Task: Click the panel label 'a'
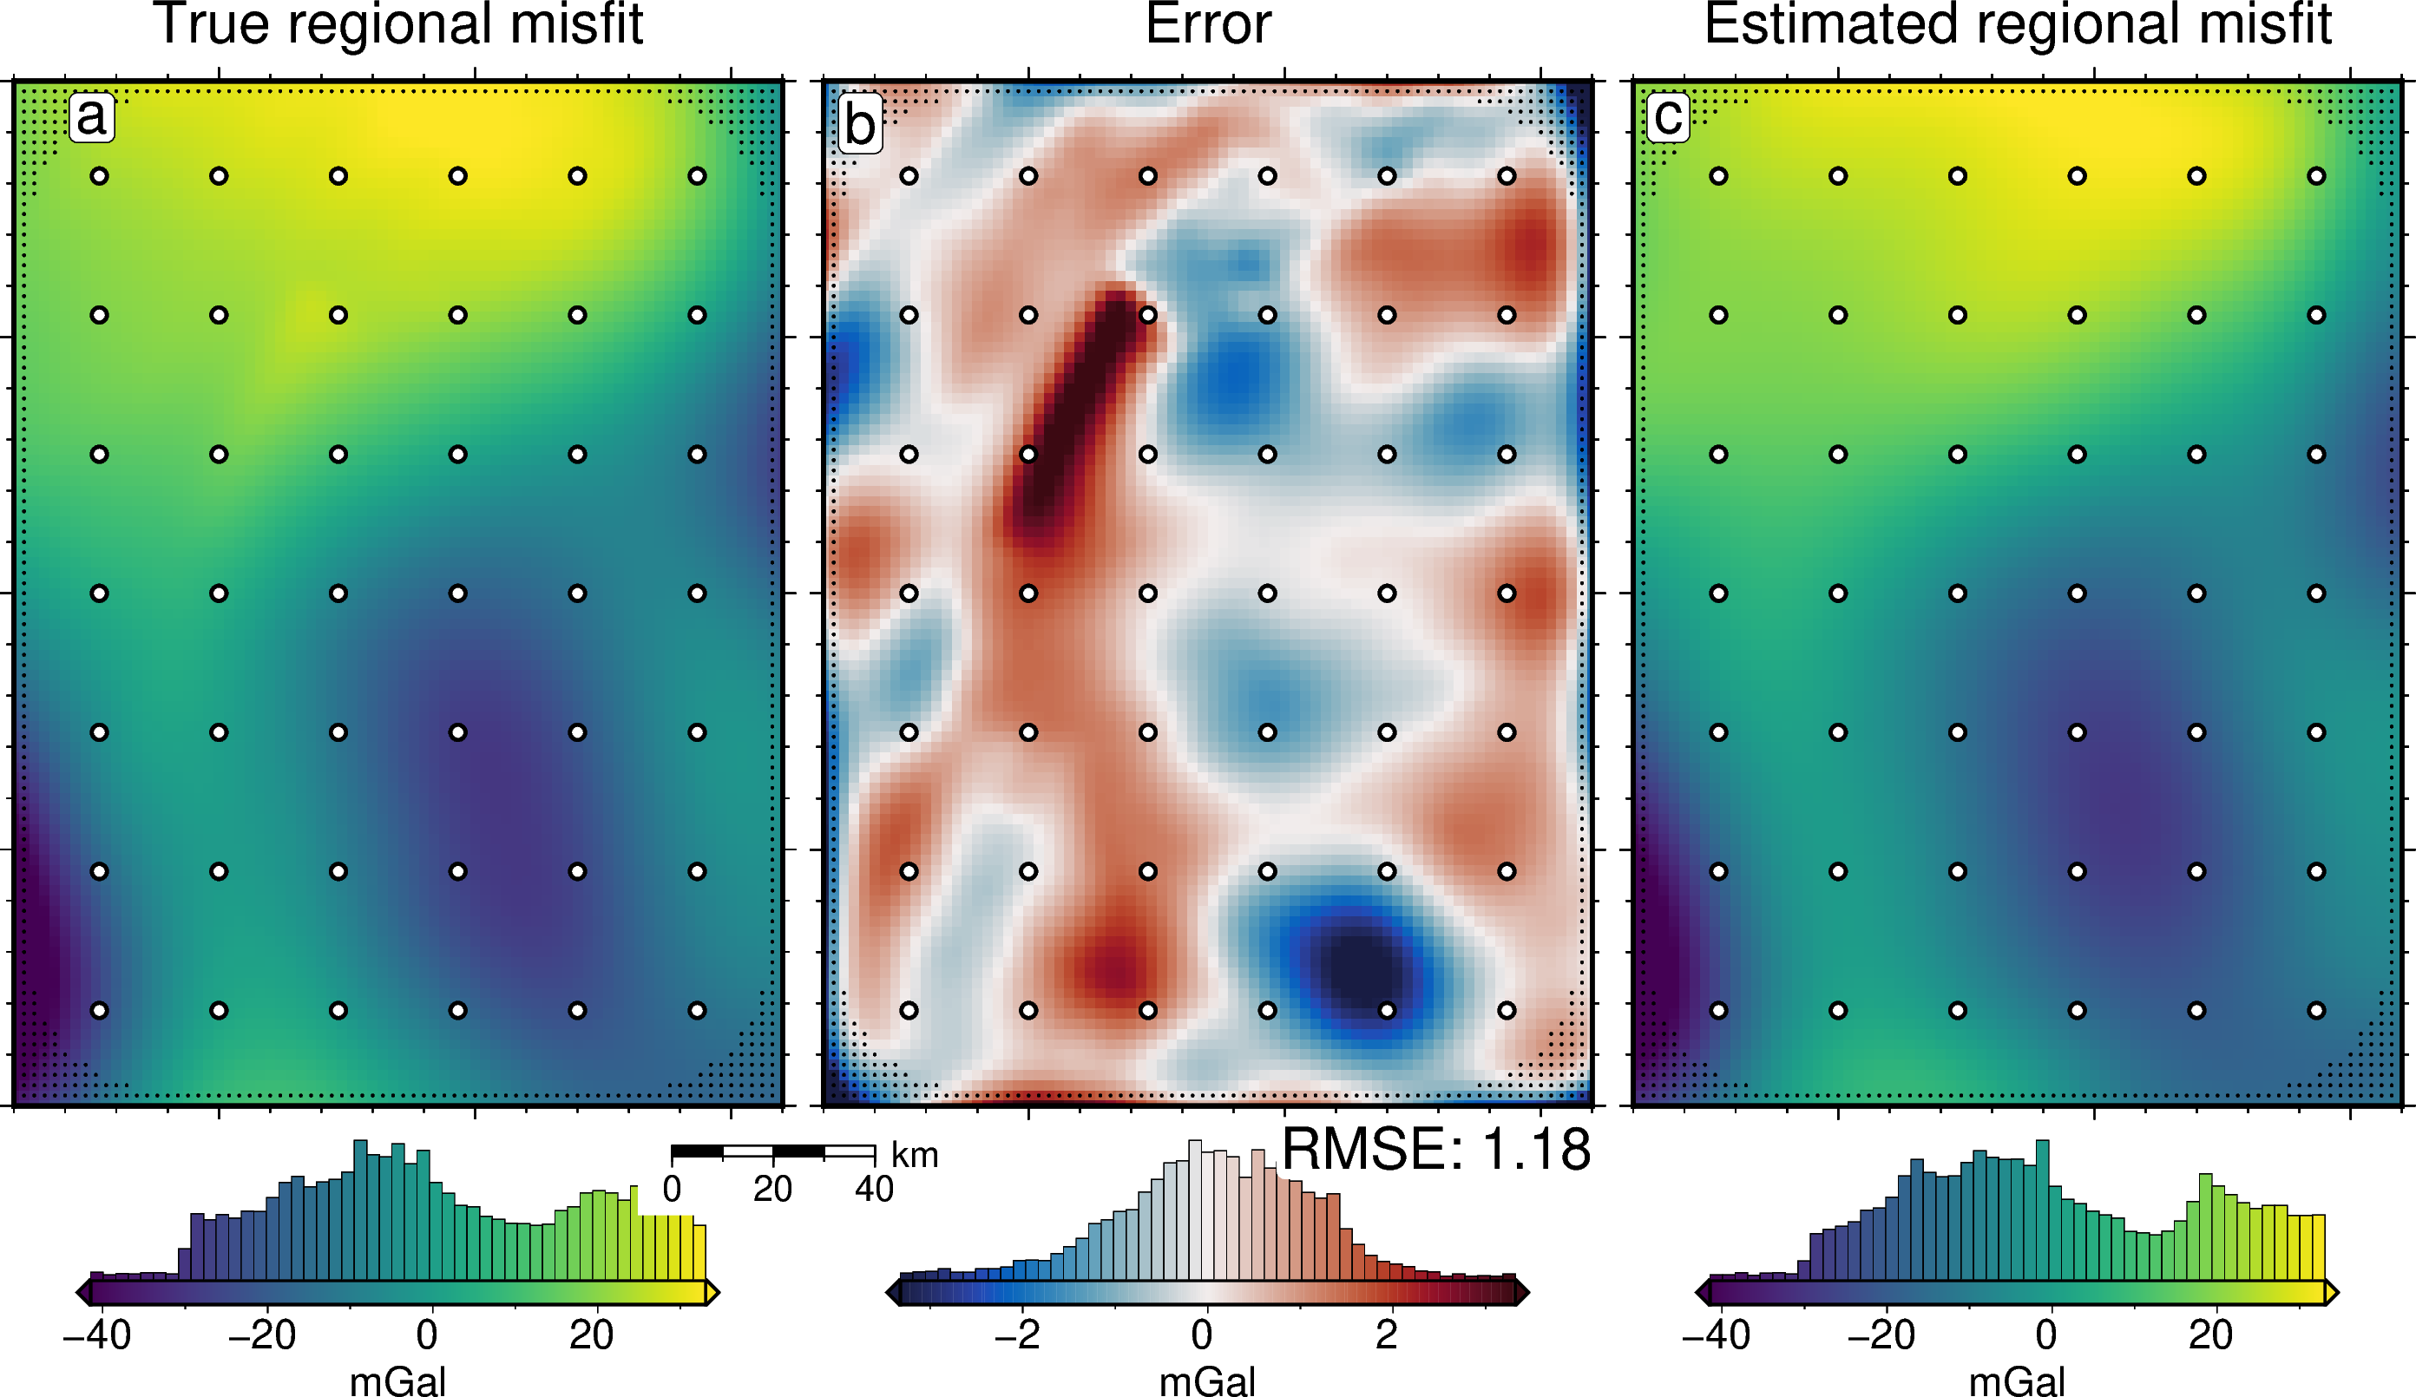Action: pyautogui.click(x=91, y=118)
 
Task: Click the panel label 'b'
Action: pyautogui.click(x=859, y=125)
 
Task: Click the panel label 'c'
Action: pyautogui.click(x=1668, y=118)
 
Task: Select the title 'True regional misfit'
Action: pyautogui.click(x=397, y=25)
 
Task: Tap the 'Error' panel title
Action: pyautogui.click(x=1208, y=25)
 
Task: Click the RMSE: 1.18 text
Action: pyautogui.click(x=1435, y=1150)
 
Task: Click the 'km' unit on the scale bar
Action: pyautogui.click(x=915, y=1156)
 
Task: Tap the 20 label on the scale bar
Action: pyautogui.click(x=771, y=1190)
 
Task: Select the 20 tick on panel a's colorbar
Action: pyautogui.click(x=592, y=1335)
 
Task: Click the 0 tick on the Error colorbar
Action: pyautogui.click(x=1202, y=1335)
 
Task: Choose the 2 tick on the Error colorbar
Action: pyautogui.click(x=1386, y=1335)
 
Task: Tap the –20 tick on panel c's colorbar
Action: pyautogui.click(x=1881, y=1335)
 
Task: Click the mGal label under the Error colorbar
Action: pyautogui.click(x=1207, y=1381)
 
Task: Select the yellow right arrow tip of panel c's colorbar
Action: pyautogui.click(x=2332, y=1293)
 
